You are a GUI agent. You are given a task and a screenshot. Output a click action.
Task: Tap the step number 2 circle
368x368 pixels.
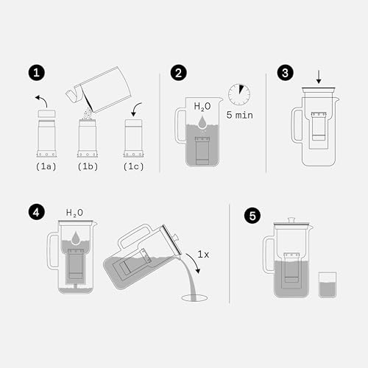[178, 73]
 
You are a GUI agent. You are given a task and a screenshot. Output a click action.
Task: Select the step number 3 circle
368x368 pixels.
[286, 73]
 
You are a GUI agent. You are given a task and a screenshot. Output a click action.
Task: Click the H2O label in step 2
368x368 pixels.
[203, 107]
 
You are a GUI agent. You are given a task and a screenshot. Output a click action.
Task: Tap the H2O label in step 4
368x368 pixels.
[75, 213]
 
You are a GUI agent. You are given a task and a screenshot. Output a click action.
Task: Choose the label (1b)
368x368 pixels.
[88, 167]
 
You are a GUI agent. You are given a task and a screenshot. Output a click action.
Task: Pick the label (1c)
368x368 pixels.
[132, 167]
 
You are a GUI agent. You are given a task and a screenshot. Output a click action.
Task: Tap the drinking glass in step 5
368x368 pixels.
[327, 284]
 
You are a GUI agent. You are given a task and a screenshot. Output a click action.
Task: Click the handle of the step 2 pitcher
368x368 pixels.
[180, 124]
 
